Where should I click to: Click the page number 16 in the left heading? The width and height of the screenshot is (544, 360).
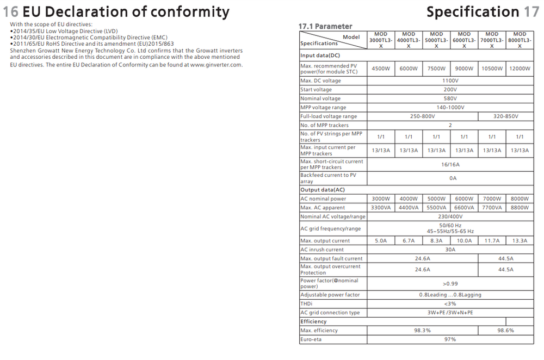11,12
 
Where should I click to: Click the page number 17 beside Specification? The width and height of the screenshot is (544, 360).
531,12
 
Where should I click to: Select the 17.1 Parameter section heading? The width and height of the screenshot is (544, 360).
325,26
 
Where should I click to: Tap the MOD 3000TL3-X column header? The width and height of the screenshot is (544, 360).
381,40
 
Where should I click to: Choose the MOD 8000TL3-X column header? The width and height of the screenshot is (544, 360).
520,40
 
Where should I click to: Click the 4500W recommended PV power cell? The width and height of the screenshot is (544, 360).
381,69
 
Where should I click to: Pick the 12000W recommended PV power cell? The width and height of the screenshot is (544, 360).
520,69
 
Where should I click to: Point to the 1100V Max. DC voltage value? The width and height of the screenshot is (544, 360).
450,80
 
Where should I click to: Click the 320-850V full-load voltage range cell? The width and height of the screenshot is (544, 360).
505,116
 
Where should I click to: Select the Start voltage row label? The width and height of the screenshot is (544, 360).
316,90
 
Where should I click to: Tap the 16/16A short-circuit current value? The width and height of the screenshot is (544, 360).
450,164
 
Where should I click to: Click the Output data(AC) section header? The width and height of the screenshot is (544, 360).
323,190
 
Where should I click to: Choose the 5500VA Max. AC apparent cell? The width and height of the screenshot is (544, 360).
436,208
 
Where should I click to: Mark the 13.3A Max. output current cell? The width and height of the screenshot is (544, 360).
520,240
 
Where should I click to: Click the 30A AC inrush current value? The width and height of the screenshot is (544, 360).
450,250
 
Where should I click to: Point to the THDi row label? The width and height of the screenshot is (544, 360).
307,303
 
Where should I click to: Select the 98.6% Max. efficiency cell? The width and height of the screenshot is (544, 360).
505,330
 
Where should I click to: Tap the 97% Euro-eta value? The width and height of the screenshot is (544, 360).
450,339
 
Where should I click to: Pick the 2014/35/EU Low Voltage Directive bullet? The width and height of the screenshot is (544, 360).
64,30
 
